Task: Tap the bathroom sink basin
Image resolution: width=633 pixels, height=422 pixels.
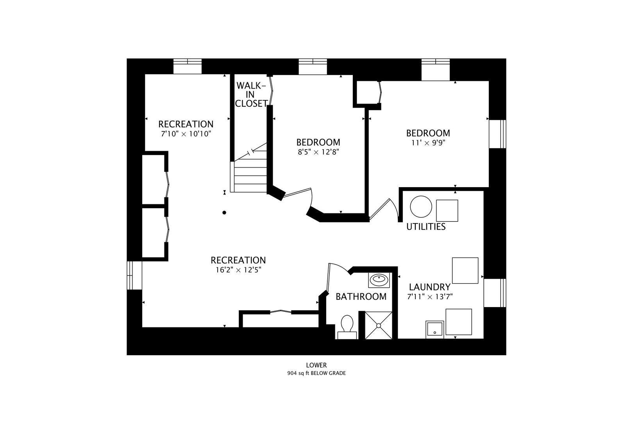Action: pos(379,280)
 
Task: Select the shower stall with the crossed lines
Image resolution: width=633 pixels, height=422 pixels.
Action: pos(379,325)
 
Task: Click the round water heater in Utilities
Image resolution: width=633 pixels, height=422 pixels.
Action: pos(421,207)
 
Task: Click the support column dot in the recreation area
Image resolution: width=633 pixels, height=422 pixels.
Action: pos(224,213)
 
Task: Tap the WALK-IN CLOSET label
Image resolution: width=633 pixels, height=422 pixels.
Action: pos(251,95)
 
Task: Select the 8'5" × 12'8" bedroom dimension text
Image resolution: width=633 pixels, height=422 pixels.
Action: pos(318,152)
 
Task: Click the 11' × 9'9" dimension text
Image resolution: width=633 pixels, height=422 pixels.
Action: pos(428,143)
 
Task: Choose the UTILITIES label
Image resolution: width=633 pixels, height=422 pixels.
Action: pos(426,227)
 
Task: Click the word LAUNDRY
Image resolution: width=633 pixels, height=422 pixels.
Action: pos(429,287)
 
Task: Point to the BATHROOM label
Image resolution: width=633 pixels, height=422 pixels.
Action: pos(361,297)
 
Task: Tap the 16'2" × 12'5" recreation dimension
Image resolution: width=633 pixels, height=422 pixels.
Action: pos(238,270)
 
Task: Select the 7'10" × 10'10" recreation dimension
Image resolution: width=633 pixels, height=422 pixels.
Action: pos(186,134)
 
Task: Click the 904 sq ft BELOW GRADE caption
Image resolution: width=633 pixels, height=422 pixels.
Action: pos(316,373)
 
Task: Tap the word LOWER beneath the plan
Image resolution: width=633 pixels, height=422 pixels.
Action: pos(316,365)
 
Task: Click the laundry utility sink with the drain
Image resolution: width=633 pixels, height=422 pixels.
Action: pos(435,329)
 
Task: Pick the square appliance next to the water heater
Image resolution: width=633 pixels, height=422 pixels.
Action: pos(447,211)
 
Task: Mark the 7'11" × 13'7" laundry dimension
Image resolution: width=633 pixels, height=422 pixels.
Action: pos(430,297)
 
